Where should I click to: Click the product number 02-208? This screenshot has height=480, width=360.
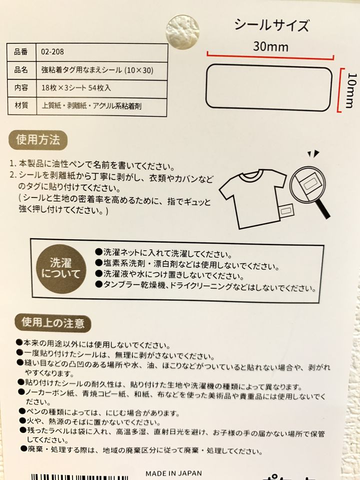coord(52,51)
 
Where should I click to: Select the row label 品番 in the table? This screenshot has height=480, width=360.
coord(21,51)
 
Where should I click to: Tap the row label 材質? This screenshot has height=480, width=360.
coord(21,105)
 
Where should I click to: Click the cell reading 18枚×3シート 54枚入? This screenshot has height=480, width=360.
coord(76,88)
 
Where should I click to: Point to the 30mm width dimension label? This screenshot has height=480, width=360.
coord(270,47)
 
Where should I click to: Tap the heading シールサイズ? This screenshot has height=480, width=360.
coord(271,25)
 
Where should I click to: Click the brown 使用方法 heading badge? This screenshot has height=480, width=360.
coord(38,140)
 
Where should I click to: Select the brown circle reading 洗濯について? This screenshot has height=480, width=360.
coord(61,269)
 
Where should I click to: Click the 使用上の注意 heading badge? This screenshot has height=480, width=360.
coord(52,323)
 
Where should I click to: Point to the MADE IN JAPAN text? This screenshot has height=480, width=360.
coord(173,473)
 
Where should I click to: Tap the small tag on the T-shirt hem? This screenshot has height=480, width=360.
coord(285,211)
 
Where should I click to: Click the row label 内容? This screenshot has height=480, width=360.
coord(21,88)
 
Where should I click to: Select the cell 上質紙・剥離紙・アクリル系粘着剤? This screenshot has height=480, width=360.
coord(91,106)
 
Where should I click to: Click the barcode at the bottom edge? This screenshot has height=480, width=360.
coord(79,477)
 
